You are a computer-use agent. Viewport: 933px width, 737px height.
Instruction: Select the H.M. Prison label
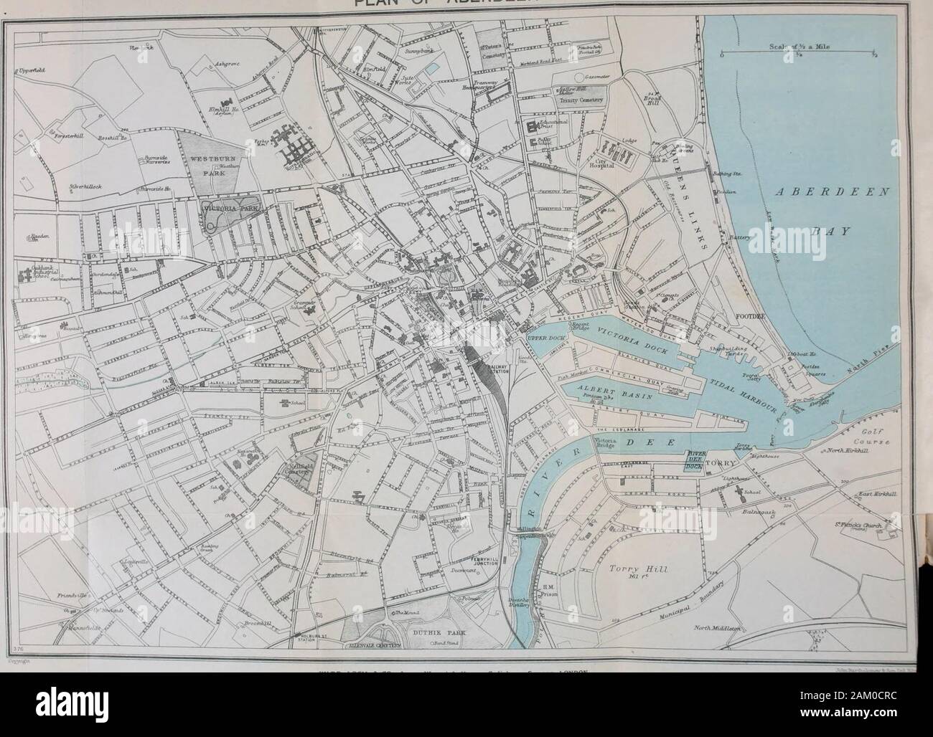tap(570, 590)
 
